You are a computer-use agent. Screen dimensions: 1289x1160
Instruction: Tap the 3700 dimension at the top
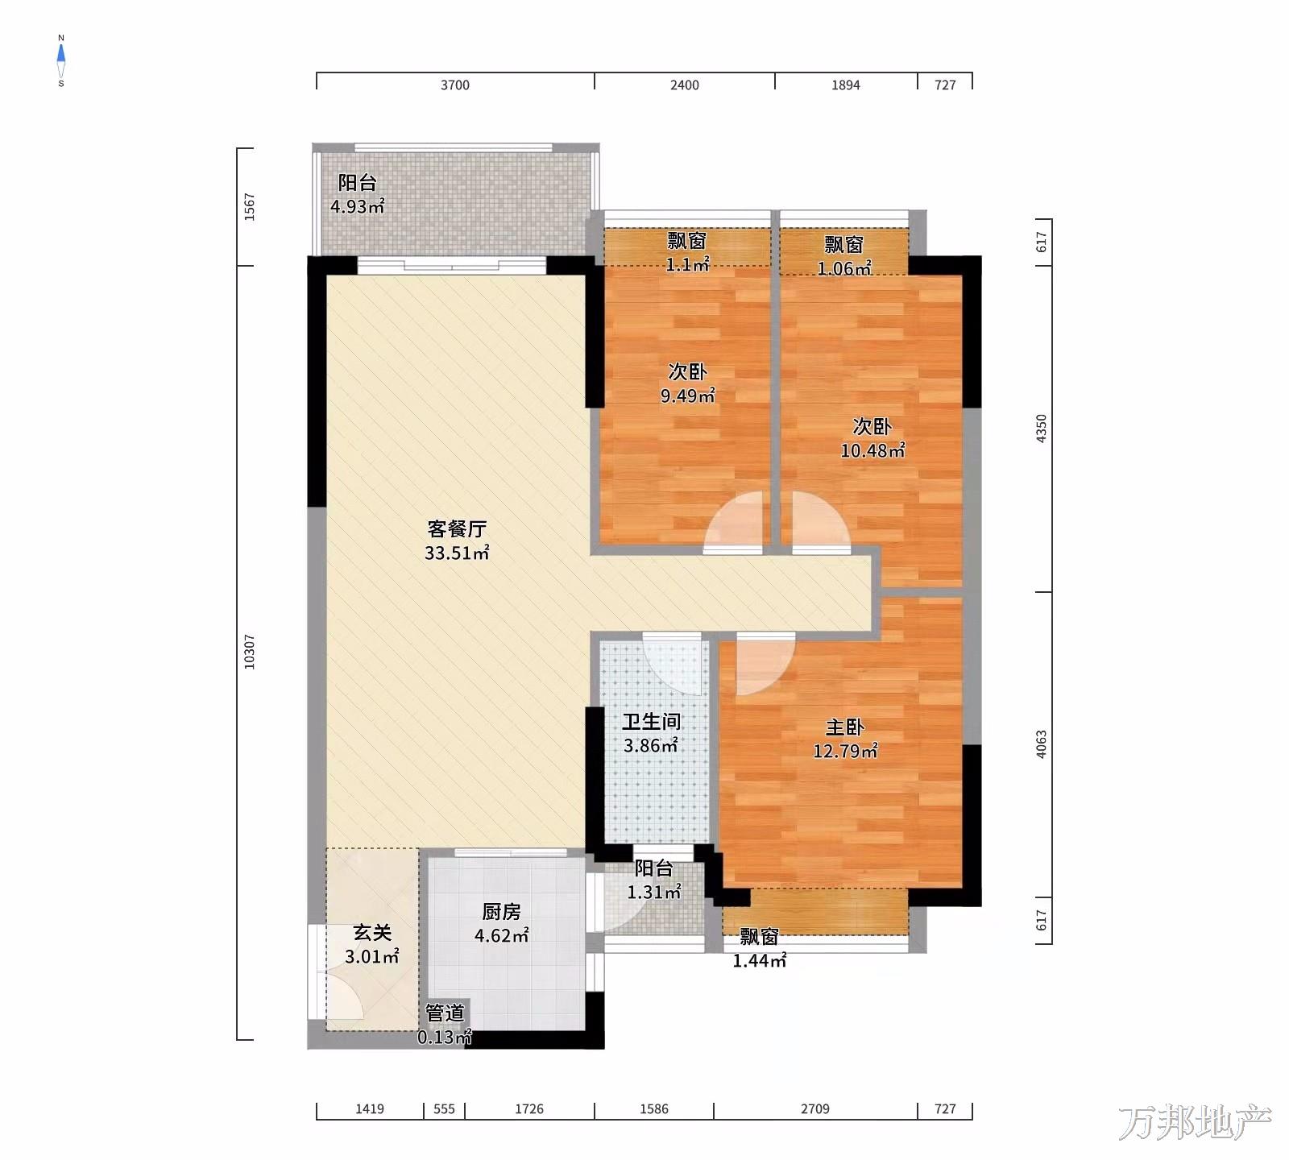click(454, 85)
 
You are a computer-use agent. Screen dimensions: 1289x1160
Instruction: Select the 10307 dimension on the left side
click(250, 652)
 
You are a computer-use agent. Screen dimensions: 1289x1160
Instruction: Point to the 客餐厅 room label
click(457, 529)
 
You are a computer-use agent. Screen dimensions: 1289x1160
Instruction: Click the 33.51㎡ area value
click(457, 553)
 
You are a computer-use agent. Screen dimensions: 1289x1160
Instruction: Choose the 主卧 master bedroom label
click(845, 727)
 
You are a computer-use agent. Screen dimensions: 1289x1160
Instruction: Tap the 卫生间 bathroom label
click(651, 722)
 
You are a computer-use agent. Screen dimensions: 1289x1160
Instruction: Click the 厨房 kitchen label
click(501, 912)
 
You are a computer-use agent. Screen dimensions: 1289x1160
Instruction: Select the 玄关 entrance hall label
click(372, 933)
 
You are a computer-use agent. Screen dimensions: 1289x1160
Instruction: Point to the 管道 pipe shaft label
click(445, 1013)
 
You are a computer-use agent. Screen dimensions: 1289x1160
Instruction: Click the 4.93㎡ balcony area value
click(357, 206)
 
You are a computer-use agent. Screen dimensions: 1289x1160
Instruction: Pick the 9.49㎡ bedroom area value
click(687, 396)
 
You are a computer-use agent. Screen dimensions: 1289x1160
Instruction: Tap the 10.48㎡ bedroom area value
click(872, 450)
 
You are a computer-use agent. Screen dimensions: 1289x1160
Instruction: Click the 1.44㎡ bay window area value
click(759, 960)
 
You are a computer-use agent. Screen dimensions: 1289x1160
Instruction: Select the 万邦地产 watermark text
click(1195, 1123)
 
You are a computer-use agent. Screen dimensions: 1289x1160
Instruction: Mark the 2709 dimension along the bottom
click(814, 1109)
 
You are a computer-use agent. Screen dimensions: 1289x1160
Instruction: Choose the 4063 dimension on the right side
click(1041, 744)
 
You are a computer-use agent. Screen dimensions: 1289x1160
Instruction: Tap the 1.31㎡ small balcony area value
click(654, 892)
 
